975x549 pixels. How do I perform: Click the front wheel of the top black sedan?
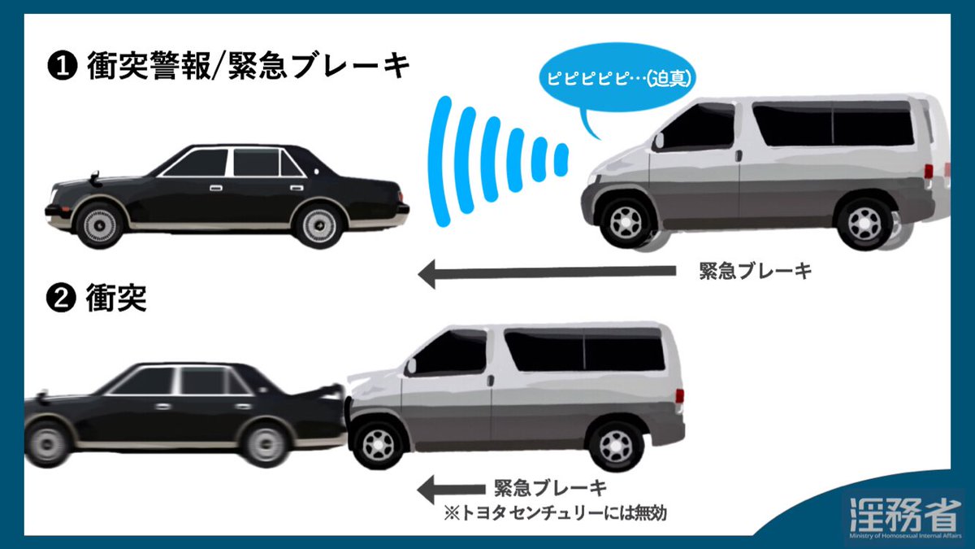[101, 223]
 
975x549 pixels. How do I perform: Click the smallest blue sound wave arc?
[560, 162]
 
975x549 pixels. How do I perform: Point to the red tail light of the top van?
[928, 172]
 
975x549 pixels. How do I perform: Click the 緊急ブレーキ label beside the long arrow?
[755, 273]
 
